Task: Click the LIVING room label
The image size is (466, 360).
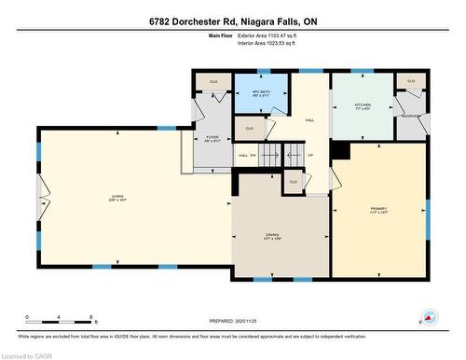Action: point(116,196)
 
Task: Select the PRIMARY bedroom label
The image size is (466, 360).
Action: point(377,209)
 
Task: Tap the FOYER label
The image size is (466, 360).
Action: point(212,140)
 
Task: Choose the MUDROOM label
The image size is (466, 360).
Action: point(410,116)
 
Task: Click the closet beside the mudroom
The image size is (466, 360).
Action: point(410,82)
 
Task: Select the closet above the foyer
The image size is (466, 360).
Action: point(212,82)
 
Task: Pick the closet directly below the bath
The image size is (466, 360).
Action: point(249,128)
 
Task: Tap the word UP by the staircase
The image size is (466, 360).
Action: point(310,155)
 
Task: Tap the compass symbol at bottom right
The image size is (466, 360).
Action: point(430,318)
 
